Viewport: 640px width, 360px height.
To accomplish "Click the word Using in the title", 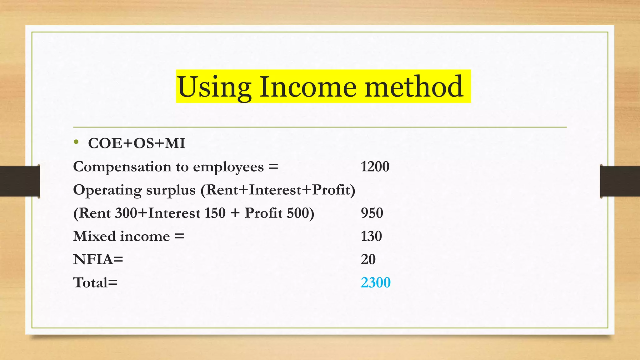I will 214,87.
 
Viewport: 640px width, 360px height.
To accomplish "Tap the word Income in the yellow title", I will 307,87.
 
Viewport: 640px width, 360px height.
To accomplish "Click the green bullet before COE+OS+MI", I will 76,142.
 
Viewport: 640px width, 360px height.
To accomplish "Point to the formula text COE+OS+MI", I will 137,143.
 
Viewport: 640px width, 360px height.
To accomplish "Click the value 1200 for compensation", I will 375,167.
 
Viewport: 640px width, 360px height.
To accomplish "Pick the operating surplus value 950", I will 372,213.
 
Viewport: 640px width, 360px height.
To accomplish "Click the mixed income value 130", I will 371,236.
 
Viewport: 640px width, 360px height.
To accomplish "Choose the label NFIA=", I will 98,259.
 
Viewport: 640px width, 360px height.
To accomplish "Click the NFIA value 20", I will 368,259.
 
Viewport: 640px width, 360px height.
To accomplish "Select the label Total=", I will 95,282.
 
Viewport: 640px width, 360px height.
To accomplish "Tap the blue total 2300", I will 376,282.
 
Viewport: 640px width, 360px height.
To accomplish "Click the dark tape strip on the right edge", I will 620,181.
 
